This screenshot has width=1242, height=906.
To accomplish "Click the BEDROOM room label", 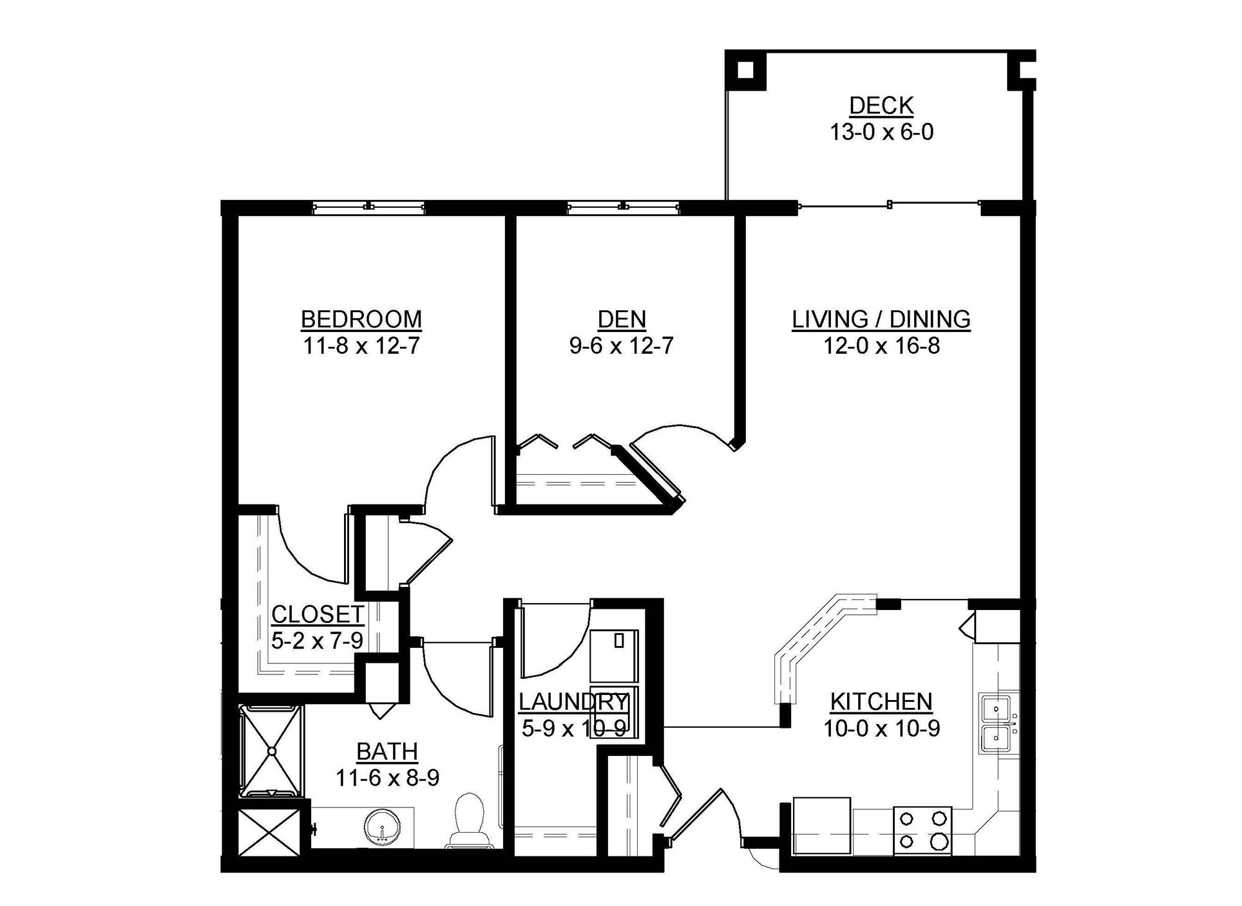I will [x=361, y=319].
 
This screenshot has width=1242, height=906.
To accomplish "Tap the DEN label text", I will [x=622, y=319].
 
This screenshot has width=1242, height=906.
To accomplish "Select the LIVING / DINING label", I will [x=881, y=319].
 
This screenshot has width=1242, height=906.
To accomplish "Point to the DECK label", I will [x=881, y=105].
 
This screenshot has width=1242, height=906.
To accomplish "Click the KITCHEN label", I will [x=881, y=701].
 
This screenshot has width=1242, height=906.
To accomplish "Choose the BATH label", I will [x=387, y=751].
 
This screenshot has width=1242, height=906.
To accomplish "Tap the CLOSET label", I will [x=317, y=614].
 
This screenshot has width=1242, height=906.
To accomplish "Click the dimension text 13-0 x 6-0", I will [x=881, y=132].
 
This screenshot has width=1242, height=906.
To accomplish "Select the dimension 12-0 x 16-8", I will [x=881, y=346].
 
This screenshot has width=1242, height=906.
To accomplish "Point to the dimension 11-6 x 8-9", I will [x=387, y=778].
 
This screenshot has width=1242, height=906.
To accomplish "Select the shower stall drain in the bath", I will [x=271, y=751].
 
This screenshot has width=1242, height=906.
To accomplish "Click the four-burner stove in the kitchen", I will [x=922, y=830].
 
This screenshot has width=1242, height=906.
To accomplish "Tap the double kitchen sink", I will [x=997, y=723].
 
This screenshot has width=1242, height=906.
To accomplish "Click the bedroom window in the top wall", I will [x=368, y=207].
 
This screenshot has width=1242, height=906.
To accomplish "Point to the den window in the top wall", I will [x=623, y=207].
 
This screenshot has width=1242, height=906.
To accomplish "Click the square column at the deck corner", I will [x=746, y=70].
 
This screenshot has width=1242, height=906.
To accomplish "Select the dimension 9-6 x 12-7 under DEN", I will [x=622, y=346].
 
